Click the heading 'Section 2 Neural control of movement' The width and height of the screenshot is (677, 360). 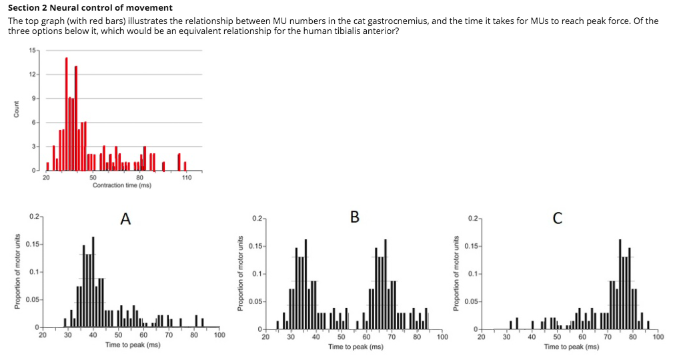tap(90, 8)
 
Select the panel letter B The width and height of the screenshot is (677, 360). tap(354, 217)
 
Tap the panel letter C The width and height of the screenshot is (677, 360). tap(558, 217)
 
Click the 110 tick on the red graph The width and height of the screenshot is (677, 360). tap(186, 177)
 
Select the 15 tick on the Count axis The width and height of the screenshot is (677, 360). tap(33, 51)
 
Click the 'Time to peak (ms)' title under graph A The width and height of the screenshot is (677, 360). tap(132, 345)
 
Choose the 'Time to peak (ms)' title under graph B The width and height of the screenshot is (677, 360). tap(356, 347)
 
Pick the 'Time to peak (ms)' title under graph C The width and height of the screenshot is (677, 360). tap(572, 347)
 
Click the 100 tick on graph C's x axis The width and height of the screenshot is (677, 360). tap(658, 337)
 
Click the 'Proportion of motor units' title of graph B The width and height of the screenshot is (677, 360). tap(241, 273)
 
